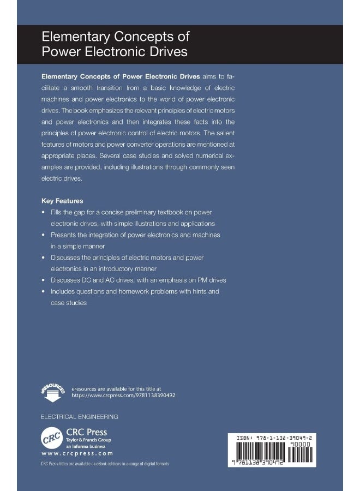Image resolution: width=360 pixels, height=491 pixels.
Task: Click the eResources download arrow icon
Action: click(x=52, y=390)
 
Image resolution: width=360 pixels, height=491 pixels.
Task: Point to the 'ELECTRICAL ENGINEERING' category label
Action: click(x=80, y=416)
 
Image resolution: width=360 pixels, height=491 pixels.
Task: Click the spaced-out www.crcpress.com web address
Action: click(x=77, y=453)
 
